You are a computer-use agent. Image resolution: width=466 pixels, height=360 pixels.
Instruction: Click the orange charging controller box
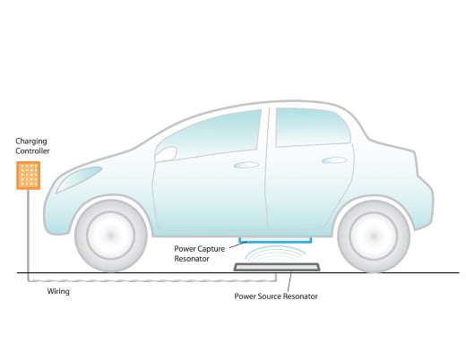pos(29,176)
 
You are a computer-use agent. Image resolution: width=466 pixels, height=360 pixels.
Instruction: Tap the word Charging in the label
pos(31,141)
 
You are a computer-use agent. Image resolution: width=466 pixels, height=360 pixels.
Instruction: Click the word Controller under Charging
pos(32,151)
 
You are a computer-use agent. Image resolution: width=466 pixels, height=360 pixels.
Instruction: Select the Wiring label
pos(58,291)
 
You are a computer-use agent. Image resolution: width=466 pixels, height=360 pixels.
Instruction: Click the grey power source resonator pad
pos(277,267)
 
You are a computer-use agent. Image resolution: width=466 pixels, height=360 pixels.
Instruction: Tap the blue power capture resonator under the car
pos(275,240)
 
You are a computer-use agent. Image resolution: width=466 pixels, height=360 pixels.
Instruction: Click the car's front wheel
pos(111,236)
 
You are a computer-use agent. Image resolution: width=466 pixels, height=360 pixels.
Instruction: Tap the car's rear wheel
pos(374,236)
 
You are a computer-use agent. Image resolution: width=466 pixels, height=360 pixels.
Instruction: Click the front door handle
pos(246,165)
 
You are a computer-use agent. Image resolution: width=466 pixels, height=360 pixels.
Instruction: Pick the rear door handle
pos(334,160)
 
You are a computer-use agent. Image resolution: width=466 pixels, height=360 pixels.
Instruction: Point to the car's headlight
pos(79,178)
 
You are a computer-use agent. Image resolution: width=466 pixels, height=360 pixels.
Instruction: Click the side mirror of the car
pos(166,154)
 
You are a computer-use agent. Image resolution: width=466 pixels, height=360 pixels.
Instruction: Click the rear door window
pos(312,127)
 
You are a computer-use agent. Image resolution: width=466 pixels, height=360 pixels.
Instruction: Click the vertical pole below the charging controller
pos(28,231)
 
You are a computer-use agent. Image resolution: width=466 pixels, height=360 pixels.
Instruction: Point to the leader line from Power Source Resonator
pos(289,281)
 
